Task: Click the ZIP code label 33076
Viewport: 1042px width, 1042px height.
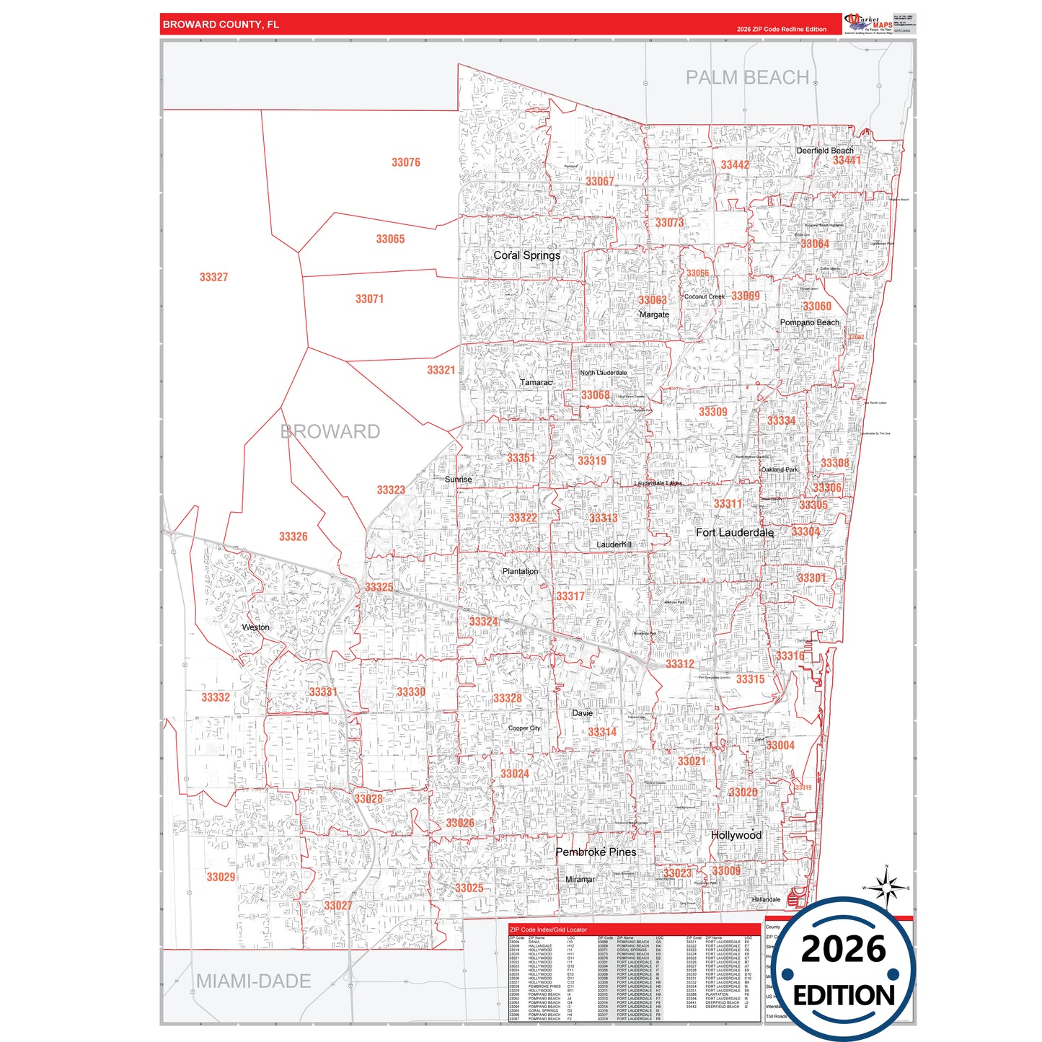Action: [406, 162]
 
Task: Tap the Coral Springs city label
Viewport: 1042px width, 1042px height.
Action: [526, 255]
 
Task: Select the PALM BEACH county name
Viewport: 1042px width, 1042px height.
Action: [747, 77]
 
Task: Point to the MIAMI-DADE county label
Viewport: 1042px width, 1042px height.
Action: [253, 981]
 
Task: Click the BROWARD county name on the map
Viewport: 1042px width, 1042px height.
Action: [330, 431]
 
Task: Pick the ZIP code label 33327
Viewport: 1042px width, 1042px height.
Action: [213, 277]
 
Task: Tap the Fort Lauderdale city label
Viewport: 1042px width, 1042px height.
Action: [734, 532]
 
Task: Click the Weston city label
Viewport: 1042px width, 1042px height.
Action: [255, 627]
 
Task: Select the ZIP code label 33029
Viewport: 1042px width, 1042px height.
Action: [221, 877]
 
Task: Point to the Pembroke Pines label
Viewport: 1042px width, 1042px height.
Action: [596, 852]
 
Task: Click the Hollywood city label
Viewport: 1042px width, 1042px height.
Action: [736, 835]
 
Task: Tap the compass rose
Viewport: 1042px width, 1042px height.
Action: [887, 887]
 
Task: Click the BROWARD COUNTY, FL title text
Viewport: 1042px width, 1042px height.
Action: [221, 25]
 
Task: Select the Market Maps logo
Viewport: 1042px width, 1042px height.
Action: [868, 23]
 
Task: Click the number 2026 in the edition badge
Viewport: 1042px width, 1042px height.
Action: [843, 949]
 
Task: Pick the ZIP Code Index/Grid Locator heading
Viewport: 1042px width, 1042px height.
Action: [549, 930]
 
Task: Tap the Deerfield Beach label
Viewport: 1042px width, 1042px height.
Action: [824, 151]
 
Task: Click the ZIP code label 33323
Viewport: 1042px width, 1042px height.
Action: [391, 490]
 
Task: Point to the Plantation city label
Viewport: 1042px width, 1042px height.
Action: [520, 571]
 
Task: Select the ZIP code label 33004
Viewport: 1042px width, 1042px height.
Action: [780, 746]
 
